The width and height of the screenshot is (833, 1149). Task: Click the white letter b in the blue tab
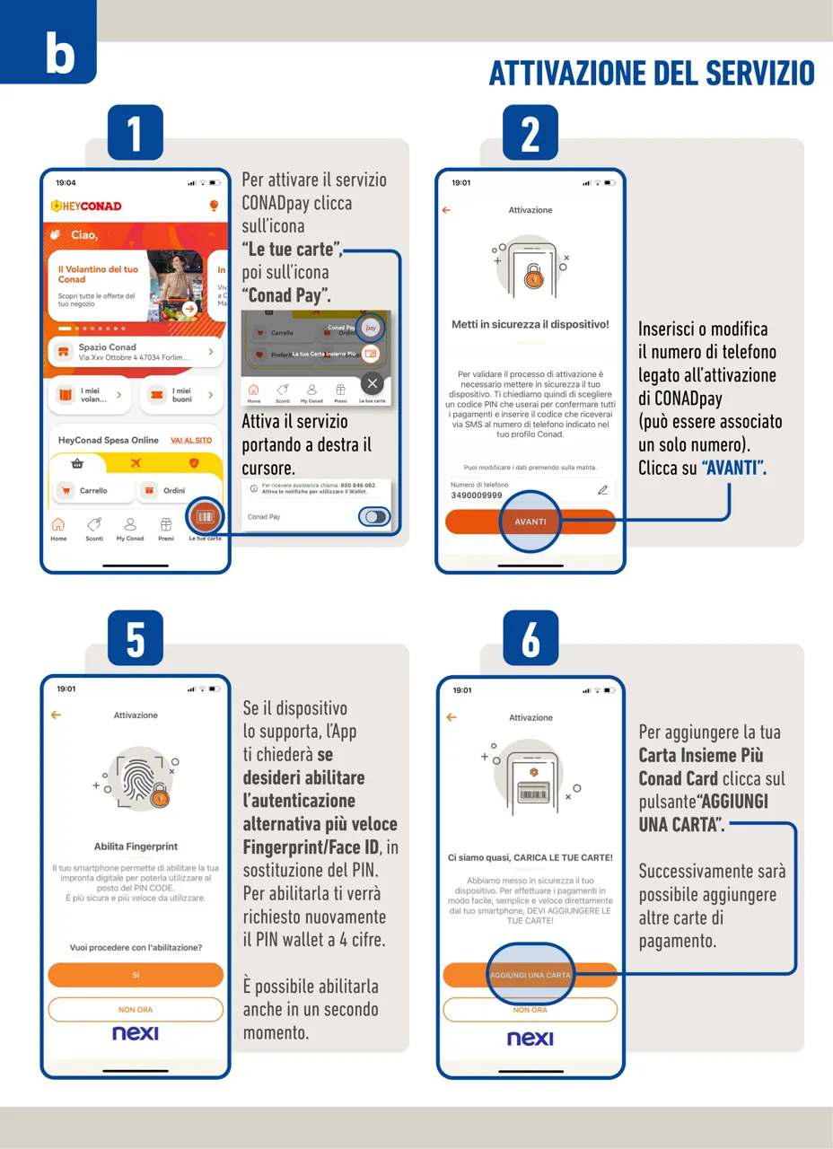59,54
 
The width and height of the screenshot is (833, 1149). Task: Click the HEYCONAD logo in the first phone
86,206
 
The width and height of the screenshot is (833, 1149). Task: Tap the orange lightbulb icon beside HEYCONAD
214,206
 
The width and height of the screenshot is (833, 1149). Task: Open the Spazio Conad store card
136,352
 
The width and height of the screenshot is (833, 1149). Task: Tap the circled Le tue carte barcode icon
205,518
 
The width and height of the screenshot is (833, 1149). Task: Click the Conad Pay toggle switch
374,516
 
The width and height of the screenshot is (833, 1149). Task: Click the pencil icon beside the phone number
602,490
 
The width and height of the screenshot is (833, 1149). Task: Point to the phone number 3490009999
477,495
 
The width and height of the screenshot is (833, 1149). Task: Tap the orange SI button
136,975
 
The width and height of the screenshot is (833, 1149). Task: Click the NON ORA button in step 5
136,1009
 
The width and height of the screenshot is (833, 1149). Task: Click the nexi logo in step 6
530,1039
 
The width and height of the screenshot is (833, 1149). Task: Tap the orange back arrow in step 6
451,717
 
